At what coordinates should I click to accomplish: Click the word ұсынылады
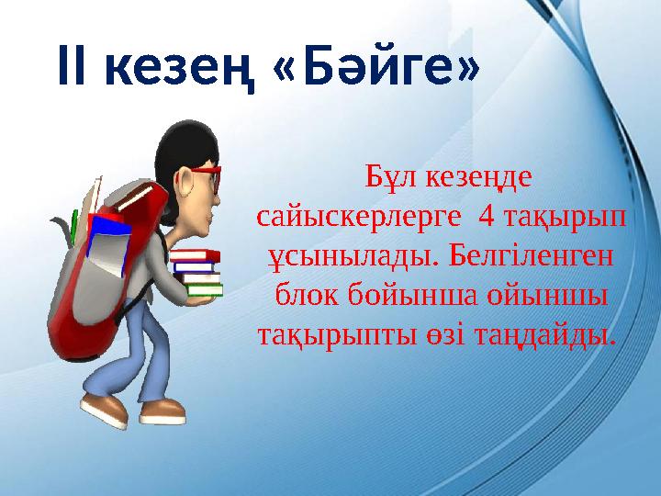point(338,258)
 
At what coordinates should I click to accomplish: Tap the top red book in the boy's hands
point(194,255)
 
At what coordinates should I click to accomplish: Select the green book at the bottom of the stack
point(204,290)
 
